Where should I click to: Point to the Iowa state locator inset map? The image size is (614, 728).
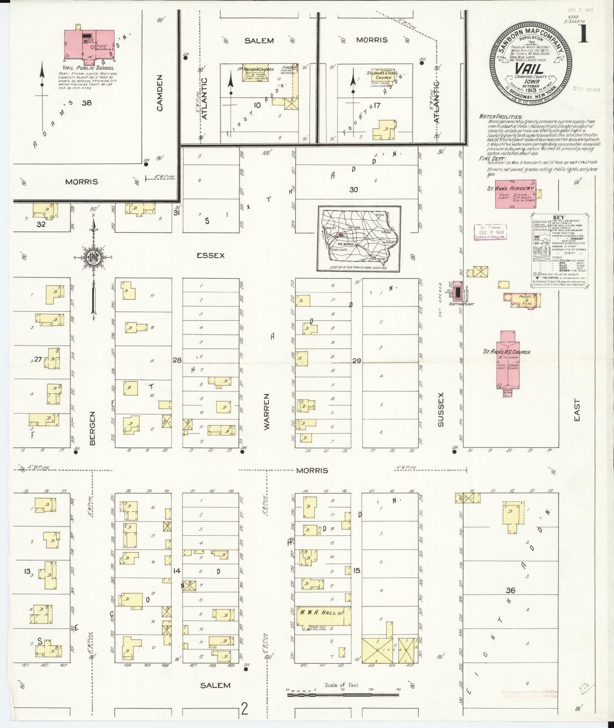359,239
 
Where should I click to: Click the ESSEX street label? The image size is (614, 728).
210,256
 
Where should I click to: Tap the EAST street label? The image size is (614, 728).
576,410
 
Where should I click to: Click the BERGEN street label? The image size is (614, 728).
93,428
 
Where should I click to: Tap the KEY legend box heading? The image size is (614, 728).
558,218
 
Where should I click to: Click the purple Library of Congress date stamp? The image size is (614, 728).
490,232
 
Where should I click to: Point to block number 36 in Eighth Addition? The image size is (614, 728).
510,590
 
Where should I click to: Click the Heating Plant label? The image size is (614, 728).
462,304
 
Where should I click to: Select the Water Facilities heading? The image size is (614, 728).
501,116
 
